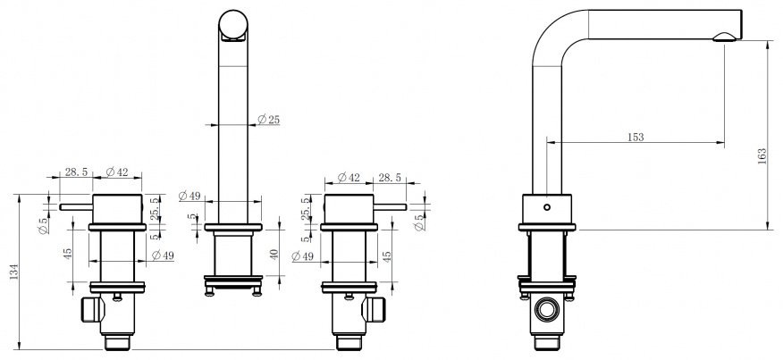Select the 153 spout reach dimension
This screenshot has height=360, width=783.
coord(636,137)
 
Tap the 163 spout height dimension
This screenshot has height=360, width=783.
coord(762,157)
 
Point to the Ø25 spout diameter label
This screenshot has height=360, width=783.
coord(269,120)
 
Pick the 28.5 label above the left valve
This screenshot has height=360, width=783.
coord(76,172)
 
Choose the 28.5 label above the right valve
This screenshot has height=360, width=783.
coord(390,177)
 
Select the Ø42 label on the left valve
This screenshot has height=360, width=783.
coord(116,172)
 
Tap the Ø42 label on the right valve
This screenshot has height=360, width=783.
coord(349,177)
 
